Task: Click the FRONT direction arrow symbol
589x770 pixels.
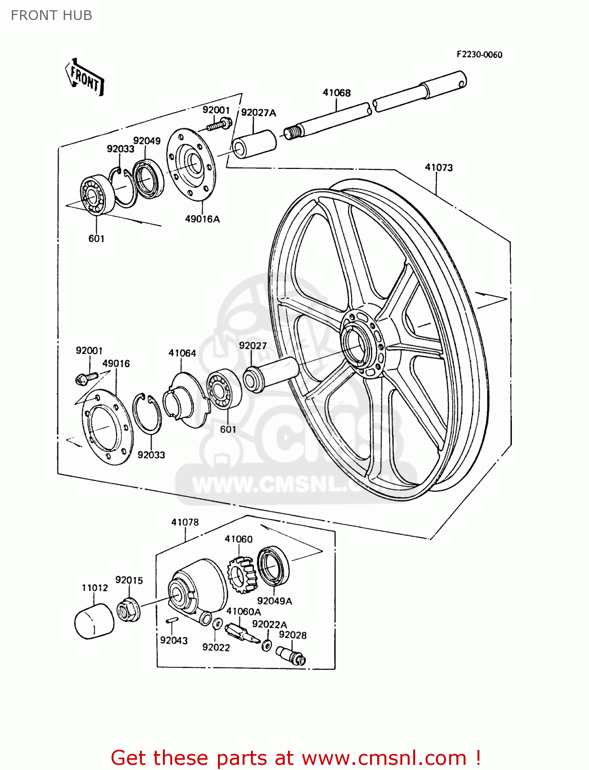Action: click(85, 78)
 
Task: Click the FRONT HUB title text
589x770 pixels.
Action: click(51, 15)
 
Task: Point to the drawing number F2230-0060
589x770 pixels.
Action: click(479, 54)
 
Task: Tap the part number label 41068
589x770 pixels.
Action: click(337, 92)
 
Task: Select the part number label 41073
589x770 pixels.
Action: click(438, 167)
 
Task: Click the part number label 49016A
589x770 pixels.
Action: click(202, 219)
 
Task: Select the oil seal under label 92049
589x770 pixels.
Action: click(149, 179)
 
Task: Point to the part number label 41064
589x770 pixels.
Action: click(182, 353)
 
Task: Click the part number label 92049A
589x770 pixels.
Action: click(274, 601)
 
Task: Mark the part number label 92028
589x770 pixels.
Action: click(292, 635)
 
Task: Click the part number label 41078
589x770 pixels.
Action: click(185, 522)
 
